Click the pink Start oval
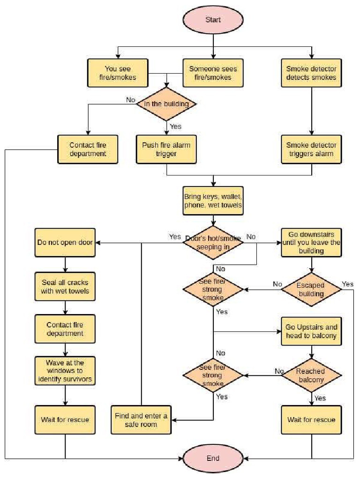[x=213, y=20]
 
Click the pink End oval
[x=213, y=458]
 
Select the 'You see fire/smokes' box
[x=118, y=73]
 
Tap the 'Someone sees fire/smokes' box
[x=213, y=73]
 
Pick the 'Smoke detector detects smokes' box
[x=311, y=73]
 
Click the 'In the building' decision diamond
[x=166, y=104]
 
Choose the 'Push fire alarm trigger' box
[x=166, y=150]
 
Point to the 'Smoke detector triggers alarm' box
[x=311, y=150]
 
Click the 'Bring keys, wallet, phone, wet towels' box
[x=213, y=200]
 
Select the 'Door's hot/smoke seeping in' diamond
[x=213, y=242]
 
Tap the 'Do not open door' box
[x=65, y=243]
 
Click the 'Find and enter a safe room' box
[x=141, y=420]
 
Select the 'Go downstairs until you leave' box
[x=311, y=243]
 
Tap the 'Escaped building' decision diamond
[x=311, y=289]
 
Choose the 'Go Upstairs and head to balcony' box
[x=311, y=331]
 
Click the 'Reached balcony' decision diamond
[x=311, y=375]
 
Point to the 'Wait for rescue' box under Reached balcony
[x=311, y=419]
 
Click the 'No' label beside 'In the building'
[x=131, y=99]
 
